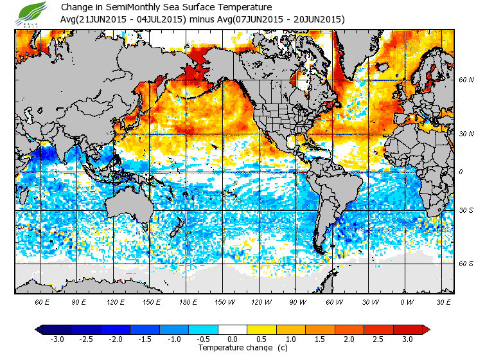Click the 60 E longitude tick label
pyautogui.click(x=42, y=301)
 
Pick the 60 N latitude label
pyautogui.click(x=466, y=80)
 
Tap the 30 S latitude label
pyautogui.click(x=466, y=210)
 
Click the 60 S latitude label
pyautogui.click(x=466, y=264)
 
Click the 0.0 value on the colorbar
pyautogui.click(x=233, y=339)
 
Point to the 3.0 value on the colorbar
pyautogui.click(x=407, y=339)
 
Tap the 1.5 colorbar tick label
pyautogui.click(x=320, y=339)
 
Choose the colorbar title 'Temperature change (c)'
pyautogui.click(x=233, y=348)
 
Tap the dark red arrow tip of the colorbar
pyautogui.click(x=426, y=329)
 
